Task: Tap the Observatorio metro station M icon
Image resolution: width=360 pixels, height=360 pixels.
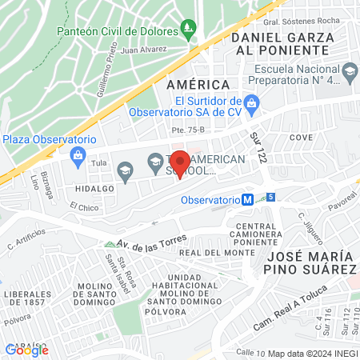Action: (249, 200)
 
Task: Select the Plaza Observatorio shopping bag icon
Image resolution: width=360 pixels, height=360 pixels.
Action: (78, 155)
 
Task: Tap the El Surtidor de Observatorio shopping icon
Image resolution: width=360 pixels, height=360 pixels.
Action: (250, 102)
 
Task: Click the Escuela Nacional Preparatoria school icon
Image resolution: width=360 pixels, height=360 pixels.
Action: (350, 72)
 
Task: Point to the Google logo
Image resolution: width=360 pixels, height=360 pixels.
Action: (27, 350)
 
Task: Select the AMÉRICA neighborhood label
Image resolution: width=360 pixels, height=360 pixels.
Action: (197, 84)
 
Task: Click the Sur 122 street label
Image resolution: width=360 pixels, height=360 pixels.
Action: (257, 145)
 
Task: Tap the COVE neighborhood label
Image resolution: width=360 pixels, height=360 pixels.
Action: (301, 138)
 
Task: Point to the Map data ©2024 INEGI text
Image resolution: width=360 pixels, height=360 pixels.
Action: (313, 353)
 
